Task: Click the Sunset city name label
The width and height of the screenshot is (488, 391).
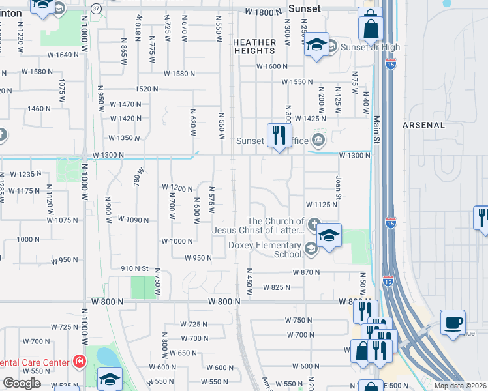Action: point(305,8)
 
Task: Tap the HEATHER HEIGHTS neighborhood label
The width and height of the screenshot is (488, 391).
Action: point(254,46)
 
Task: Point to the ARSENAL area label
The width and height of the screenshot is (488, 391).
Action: point(423,124)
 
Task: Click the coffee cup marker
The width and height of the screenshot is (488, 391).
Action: point(452,323)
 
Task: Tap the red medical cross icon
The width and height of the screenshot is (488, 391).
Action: point(80,360)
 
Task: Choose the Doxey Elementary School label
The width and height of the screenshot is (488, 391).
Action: point(264,250)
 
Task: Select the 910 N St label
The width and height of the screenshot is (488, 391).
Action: point(135,268)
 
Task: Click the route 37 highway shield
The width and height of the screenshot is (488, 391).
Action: point(97,8)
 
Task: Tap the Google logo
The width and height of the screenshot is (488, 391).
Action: point(22,383)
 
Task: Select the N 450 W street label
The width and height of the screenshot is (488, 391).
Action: point(249,279)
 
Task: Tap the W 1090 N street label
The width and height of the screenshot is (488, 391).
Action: point(133,220)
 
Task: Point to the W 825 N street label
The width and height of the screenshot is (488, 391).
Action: point(277,287)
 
